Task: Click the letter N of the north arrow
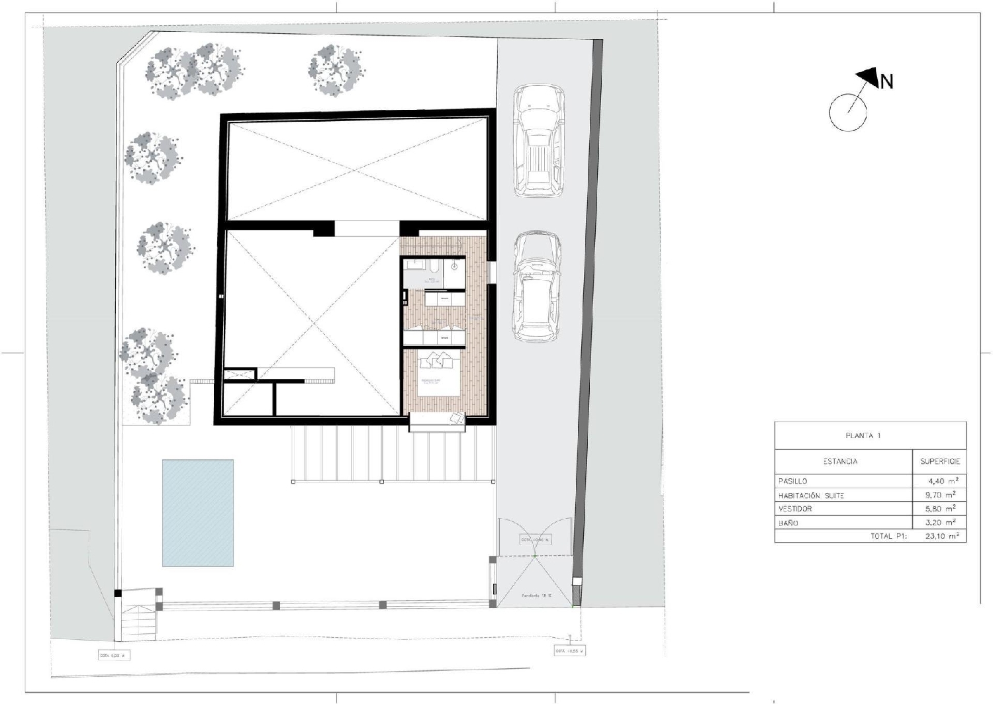coord(886,81)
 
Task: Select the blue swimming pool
coord(198,513)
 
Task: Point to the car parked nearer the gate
coord(537,286)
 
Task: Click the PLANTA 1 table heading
coord(863,436)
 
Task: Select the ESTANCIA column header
coord(840,461)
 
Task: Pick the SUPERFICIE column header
coord(939,461)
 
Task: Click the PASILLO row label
coord(793,481)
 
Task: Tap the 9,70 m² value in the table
coord(941,495)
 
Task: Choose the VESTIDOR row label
coord(796,509)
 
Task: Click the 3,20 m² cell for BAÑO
coord(941,523)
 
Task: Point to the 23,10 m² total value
coord(941,537)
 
